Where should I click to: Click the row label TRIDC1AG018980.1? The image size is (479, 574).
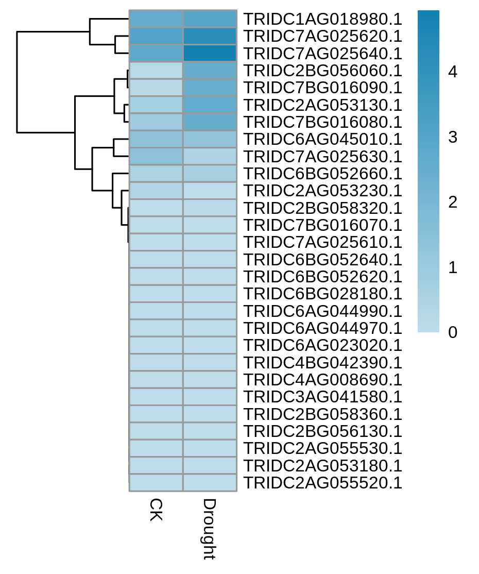(x=323, y=19)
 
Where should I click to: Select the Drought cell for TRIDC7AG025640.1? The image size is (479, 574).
(x=210, y=53)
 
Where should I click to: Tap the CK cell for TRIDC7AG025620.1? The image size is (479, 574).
(x=156, y=36)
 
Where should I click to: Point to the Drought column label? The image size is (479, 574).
(x=209, y=529)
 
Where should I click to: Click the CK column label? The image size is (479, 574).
(x=156, y=510)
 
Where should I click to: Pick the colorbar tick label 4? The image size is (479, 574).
(x=453, y=72)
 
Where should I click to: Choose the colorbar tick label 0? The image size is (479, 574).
(x=453, y=332)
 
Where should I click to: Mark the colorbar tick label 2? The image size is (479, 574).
(x=453, y=202)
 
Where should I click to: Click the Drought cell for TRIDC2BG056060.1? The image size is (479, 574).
(x=210, y=70)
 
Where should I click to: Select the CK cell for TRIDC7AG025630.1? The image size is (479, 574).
(x=156, y=156)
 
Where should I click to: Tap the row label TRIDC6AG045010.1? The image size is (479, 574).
(x=323, y=139)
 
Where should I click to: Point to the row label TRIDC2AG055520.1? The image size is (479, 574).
(x=323, y=483)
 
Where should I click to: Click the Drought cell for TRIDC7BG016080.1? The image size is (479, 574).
(x=210, y=122)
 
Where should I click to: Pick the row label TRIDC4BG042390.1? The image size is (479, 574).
(x=323, y=363)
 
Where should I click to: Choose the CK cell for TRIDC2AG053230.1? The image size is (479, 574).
(x=156, y=191)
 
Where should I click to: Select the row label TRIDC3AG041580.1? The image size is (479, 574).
(x=323, y=397)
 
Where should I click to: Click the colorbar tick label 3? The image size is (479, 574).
(x=453, y=137)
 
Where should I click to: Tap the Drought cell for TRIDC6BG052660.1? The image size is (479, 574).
(x=210, y=174)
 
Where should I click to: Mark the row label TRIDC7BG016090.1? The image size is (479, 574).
(x=323, y=88)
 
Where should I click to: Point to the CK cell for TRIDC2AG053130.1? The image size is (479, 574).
(x=156, y=105)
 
